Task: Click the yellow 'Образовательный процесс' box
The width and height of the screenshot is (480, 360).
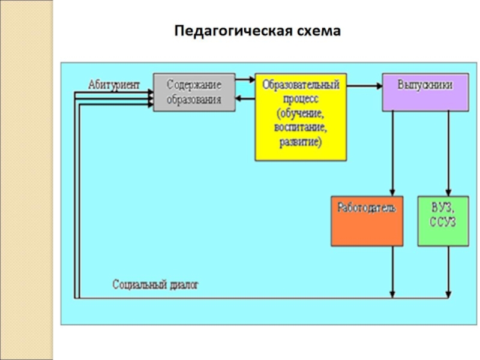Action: [x=301, y=117]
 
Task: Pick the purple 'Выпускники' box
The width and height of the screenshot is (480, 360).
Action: [x=425, y=92]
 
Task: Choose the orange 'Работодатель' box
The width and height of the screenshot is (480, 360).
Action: [x=367, y=221]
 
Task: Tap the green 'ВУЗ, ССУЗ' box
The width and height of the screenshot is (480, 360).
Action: [x=443, y=221]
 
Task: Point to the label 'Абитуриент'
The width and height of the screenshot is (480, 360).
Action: [x=114, y=85]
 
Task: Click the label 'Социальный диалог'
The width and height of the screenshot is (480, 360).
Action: [x=155, y=284]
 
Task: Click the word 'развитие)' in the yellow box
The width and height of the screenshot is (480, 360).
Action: [x=301, y=142]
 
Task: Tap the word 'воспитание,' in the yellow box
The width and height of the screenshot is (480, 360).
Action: [x=301, y=128]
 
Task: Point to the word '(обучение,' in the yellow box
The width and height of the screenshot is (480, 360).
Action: [x=301, y=113]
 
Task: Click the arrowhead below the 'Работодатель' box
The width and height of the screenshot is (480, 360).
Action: [x=392, y=293]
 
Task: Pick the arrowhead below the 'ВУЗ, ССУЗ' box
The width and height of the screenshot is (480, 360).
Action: [x=448, y=293]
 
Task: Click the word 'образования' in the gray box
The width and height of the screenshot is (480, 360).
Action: [x=194, y=100]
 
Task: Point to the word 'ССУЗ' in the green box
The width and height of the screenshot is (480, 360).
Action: [x=443, y=223]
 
